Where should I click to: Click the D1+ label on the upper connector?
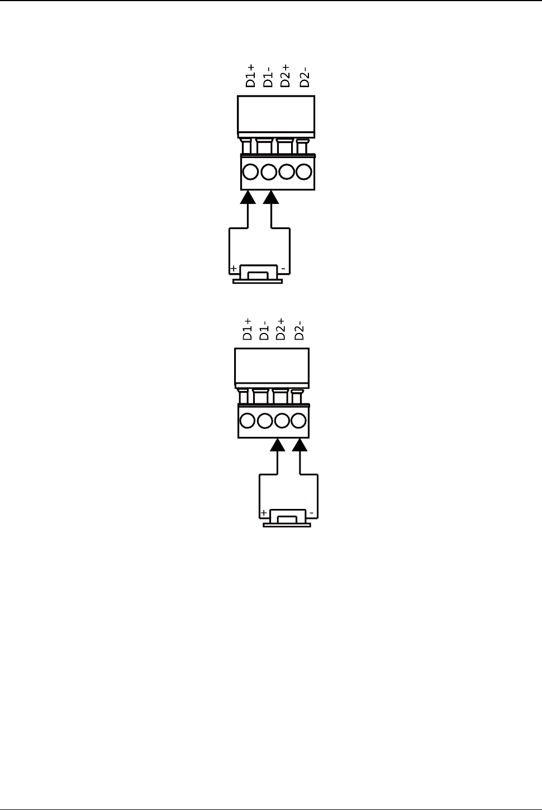(251, 75)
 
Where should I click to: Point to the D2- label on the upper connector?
(304, 77)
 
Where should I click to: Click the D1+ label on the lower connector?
(248, 329)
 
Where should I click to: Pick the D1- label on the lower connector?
(264, 329)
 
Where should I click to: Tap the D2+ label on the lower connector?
(281, 329)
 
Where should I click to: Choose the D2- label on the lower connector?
(300, 330)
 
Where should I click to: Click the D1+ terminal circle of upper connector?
(251, 171)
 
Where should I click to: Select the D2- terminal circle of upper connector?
(304, 171)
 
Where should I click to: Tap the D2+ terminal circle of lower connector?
(282, 420)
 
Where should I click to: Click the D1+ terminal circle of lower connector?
(246, 420)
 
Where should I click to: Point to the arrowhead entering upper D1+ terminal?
(248, 197)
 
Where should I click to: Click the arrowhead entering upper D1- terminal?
(271, 197)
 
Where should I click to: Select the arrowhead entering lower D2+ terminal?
(278, 445)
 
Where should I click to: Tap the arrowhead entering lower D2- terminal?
(301, 445)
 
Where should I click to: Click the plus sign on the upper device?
(233, 269)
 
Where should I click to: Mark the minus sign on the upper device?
(283, 269)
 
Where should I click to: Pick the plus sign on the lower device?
(263, 513)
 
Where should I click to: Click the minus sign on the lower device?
(312, 513)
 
